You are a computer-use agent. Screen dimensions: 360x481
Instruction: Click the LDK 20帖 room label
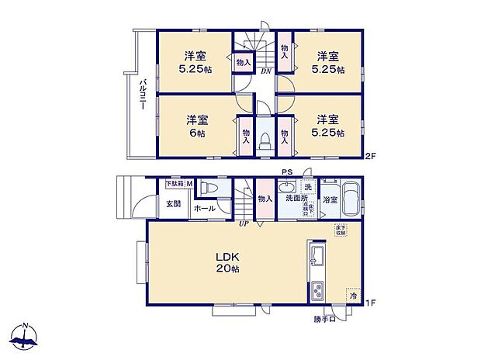click(227, 262)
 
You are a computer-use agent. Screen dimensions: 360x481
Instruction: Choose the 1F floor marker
click(371, 302)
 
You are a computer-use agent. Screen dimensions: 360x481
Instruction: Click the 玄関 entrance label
click(172, 204)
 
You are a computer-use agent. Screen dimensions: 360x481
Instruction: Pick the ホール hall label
click(205, 208)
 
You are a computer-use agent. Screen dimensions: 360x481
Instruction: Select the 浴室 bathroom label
click(330, 199)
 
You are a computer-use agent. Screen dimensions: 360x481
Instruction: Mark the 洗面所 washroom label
click(295, 199)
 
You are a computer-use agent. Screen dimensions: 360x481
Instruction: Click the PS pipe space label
click(286, 173)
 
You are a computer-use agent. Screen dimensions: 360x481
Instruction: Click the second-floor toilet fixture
click(264, 139)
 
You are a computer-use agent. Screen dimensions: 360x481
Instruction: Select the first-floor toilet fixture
click(206, 188)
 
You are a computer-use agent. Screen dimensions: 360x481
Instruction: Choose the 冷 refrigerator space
click(353, 296)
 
